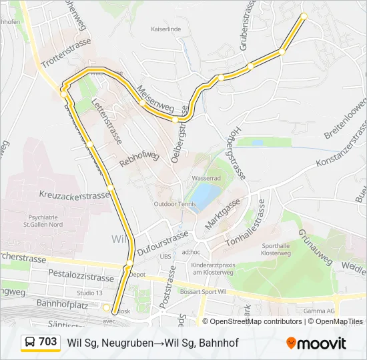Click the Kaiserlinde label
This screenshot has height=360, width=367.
click(x=167, y=29)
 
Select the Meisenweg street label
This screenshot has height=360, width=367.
click(x=155, y=99)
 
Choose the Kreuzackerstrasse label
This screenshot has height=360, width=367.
click(x=74, y=196)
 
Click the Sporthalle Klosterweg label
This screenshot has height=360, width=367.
click(x=274, y=249)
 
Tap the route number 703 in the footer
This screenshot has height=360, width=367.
click(x=47, y=342)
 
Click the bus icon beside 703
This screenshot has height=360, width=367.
click(x=31, y=343)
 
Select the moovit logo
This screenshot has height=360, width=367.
click(x=316, y=343)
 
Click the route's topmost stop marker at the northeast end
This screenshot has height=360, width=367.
click(x=304, y=15)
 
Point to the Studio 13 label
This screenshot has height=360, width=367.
click(x=89, y=293)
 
